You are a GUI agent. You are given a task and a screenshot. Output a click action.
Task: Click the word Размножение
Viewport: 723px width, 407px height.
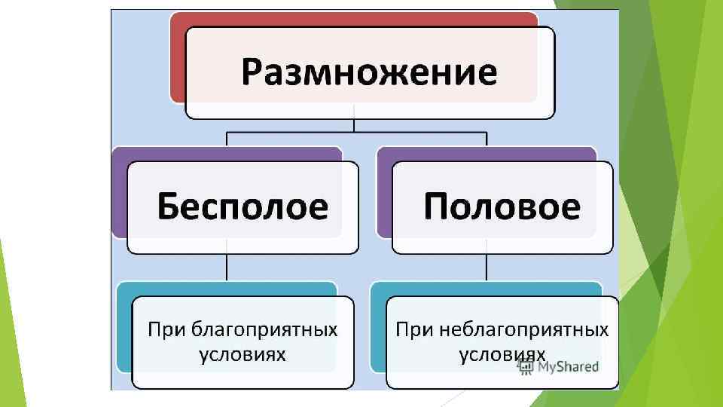coord(369,73)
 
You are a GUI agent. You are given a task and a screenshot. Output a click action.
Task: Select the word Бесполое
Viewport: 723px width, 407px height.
coord(243,206)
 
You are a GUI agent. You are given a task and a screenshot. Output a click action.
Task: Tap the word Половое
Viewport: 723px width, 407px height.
coord(502,206)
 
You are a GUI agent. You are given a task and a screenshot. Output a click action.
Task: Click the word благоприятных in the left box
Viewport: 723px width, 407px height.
coord(264,329)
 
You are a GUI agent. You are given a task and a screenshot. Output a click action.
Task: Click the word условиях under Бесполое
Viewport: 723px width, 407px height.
coord(243,353)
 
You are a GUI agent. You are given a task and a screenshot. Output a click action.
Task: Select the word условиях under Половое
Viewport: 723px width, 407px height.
coord(502,353)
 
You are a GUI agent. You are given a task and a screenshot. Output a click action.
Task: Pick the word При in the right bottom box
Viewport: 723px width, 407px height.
coord(413,329)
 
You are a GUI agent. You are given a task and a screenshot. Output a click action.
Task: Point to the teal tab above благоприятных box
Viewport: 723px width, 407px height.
coord(226,289)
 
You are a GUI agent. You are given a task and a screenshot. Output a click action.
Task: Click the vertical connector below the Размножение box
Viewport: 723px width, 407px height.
coord(354,125)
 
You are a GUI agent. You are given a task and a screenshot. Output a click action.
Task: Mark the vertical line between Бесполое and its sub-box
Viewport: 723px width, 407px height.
coord(227,268)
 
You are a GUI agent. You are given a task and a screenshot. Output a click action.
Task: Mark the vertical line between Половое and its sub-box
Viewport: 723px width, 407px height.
coord(487,268)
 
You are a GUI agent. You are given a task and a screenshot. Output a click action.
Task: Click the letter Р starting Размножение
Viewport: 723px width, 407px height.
coord(253,73)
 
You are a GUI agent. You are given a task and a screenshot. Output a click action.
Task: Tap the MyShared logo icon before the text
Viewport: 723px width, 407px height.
coord(525,367)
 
